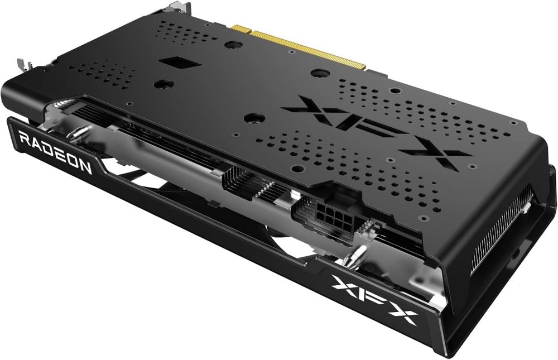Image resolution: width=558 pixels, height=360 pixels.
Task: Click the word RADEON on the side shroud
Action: [56, 153]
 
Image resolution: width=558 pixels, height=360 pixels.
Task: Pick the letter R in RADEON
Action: [25, 138]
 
